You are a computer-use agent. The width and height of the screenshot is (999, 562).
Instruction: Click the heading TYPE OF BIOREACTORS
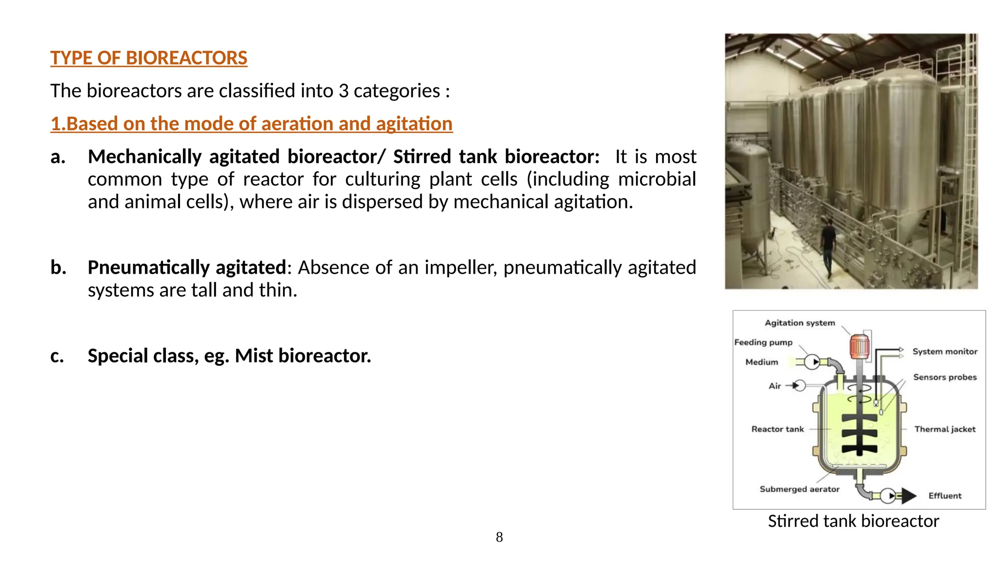pos(149,58)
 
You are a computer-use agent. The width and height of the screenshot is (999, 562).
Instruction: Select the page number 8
pos(499,537)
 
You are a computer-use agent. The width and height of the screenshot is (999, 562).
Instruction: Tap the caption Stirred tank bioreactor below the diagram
pos(853,521)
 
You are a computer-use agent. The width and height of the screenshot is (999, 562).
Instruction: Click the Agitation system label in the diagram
pos(799,323)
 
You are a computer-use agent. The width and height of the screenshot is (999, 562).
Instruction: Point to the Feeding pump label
pos(763,342)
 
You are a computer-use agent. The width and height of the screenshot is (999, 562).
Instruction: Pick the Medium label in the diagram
pos(761,362)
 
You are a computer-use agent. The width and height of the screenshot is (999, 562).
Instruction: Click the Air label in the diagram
pos(775,386)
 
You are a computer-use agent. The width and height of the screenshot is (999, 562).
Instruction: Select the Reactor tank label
pos(777,429)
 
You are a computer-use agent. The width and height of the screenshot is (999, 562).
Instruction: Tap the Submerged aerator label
pos(799,489)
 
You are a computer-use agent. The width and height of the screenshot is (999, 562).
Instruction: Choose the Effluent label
pos(945,496)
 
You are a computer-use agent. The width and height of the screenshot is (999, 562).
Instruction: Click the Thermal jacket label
pos(945,429)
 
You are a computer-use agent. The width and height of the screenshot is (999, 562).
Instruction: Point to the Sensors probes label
pos(945,377)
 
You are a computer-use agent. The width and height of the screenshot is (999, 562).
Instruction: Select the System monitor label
pos(945,352)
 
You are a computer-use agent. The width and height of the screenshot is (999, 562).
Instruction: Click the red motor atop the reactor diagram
pos(859,346)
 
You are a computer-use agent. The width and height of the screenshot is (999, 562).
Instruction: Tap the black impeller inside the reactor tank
pos(859,434)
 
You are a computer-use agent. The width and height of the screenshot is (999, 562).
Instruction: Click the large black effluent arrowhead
pos(908,496)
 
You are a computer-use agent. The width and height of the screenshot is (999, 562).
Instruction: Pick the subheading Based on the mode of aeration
pos(252,124)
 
